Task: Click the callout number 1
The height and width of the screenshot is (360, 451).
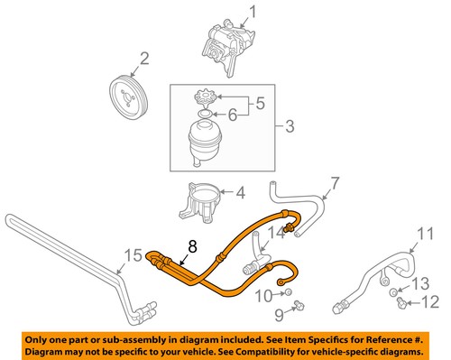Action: point(253,13)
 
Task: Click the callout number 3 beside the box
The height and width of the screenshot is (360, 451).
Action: point(290,126)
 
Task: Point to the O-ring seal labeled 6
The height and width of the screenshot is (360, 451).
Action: point(205,114)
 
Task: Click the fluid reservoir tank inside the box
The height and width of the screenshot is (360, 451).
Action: point(206,143)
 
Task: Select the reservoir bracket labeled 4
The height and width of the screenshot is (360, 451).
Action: point(200,203)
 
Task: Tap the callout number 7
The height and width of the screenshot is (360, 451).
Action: point(335,184)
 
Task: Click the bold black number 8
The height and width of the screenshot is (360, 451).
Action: point(192,246)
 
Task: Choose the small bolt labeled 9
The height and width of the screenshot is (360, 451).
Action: point(299,305)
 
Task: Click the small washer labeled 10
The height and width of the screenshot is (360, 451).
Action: point(288,291)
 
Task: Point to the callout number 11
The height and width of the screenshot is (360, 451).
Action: point(426,235)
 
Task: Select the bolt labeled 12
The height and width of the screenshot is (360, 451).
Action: point(401,302)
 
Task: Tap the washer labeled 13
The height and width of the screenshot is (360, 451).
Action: point(393,292)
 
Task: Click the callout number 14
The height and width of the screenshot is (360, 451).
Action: point(276,233)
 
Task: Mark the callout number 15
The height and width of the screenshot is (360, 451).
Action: point(133,256)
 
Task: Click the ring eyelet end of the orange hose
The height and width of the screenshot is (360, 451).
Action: point(281,282)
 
